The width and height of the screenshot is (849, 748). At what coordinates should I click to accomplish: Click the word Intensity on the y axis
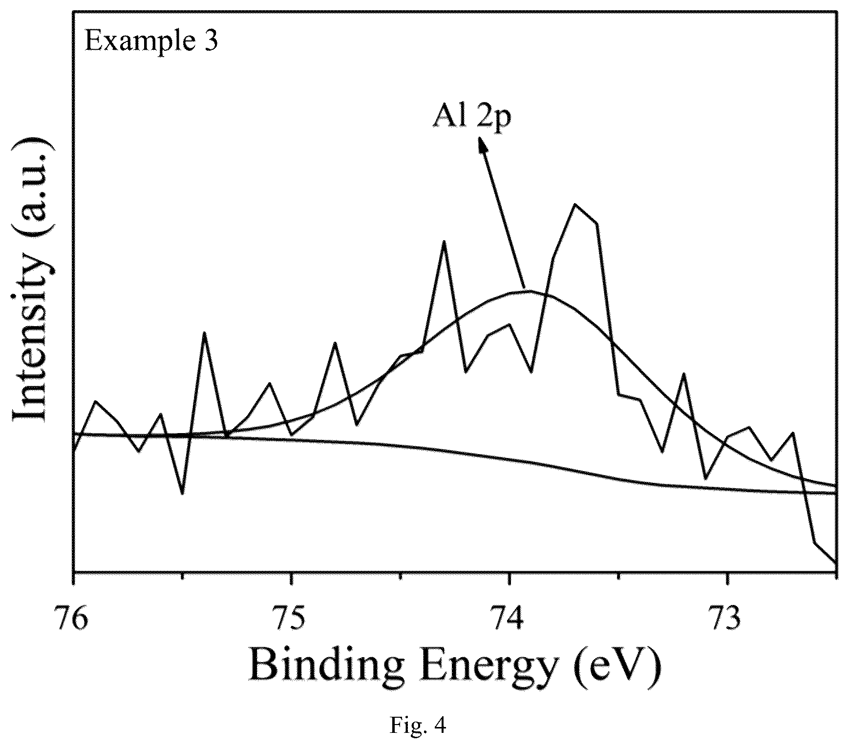(33, 334)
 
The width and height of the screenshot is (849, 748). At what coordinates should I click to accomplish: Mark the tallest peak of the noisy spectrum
(576, 204)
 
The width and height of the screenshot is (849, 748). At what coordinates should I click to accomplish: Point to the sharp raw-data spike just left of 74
(444, 242)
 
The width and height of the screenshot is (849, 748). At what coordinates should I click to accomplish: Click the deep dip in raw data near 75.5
(182, 493)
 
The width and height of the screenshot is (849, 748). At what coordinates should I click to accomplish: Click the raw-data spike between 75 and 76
(205, 333)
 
